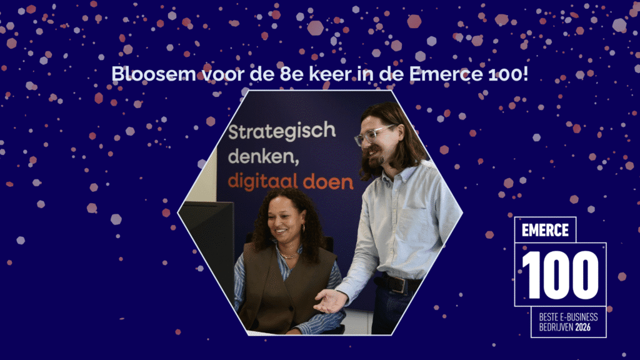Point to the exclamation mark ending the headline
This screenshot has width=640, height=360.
pos(525,74)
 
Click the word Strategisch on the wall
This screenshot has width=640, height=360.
pos(282,131)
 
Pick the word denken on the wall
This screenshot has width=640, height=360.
pos(263,157)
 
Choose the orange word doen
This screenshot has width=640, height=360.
pos(328,182)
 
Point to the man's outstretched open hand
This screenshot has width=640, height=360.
pos(330,301)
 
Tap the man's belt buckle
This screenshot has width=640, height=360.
pos(397,284)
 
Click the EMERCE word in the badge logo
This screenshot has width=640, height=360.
pos(545,230)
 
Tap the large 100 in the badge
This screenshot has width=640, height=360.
pos(560,275)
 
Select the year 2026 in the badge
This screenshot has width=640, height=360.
pos(583,327)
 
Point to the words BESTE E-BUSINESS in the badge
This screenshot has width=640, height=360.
pos(568,317)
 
